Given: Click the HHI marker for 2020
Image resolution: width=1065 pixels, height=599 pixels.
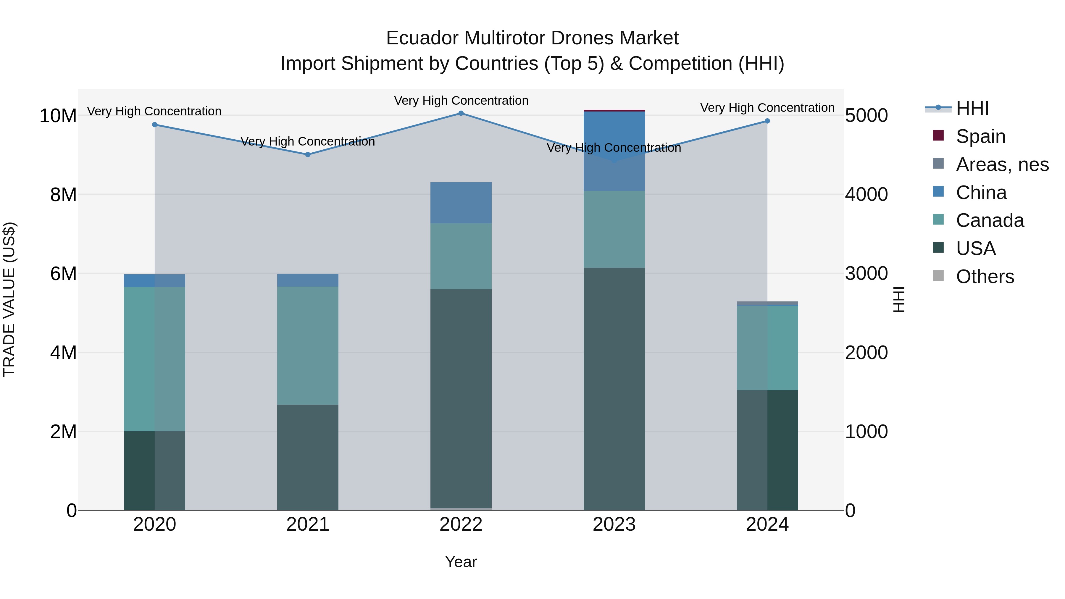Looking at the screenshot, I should (x=155, y=125).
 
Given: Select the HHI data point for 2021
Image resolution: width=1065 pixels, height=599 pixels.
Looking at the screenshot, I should (x=308, y=155).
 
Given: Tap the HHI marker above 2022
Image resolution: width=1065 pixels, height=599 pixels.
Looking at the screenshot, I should (x=461, y=113).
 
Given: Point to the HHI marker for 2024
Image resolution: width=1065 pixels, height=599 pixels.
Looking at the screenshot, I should (x=767, y=121).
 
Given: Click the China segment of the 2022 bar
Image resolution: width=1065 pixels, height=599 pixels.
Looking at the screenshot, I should (x=461, y=203).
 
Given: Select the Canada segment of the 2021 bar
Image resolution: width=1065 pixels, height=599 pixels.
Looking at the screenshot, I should (x=308, y=345).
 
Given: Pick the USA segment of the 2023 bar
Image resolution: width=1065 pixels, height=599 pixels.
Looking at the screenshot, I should (x=614, y=389).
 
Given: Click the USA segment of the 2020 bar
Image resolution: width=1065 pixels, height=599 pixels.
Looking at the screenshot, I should (x=155, y=470).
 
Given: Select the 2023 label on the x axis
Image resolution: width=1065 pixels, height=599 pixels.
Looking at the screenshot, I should (x=614, y=524).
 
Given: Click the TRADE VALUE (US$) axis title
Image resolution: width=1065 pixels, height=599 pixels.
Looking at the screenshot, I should (x=9, y=299).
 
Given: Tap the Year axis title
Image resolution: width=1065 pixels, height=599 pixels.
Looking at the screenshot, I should (x=461, y=562).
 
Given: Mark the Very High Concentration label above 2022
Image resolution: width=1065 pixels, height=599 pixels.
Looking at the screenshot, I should (x=461, y=101).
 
